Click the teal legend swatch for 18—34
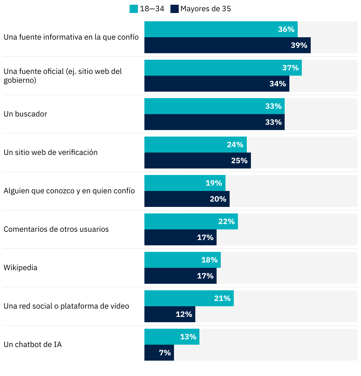(x=134, y=9)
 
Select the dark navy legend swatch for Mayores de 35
(x=175, y=9)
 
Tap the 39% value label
(x=299, y=45)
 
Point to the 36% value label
(x=286, y=29)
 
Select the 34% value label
(x=278, y=84)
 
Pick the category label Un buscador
(x=25, y=114)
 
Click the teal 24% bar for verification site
(x=195, y=145)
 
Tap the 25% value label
(x=239, y=161)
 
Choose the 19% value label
(x=214, y=183)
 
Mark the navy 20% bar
(x=187, y=199)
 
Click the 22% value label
(x=226, y=221)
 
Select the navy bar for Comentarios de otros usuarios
(x=180, y=237)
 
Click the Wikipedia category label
(x=20, y=268)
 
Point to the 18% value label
(x=209, y=260)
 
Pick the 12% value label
(x=184, y=314)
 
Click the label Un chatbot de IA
(x=33, y=344)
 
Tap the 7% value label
(x=165, y=353)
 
